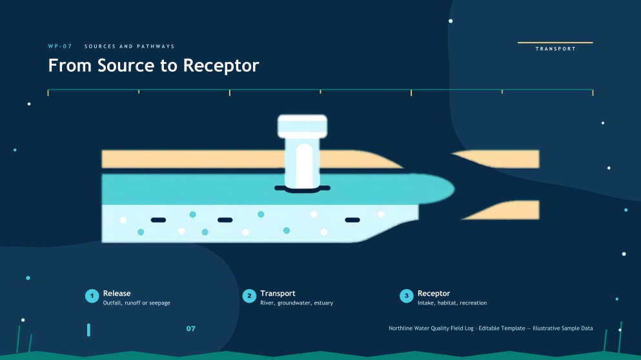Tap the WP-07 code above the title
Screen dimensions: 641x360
[60, 46]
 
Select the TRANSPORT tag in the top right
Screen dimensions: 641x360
[556, 48]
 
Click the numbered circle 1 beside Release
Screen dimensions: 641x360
[92, 296]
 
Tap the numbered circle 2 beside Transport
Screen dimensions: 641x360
[249, 296]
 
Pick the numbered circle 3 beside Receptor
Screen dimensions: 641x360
[406, 296]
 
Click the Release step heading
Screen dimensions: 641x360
[117, 294]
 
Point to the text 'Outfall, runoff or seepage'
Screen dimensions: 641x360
[137, 303]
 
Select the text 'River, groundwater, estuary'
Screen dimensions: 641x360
[297, 303]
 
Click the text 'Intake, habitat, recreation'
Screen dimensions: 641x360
[452, 303]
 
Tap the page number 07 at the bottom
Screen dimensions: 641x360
[191, 328]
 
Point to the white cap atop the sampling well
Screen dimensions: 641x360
[303, 126]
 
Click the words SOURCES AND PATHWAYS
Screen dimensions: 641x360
[130, 46]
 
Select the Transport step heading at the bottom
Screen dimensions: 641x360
[278, 294]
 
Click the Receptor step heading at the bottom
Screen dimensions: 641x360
[434, 294]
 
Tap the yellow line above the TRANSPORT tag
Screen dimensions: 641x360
[555, 42]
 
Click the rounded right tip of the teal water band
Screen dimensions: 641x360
[453, 189]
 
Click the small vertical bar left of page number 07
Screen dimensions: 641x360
[88, 330]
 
